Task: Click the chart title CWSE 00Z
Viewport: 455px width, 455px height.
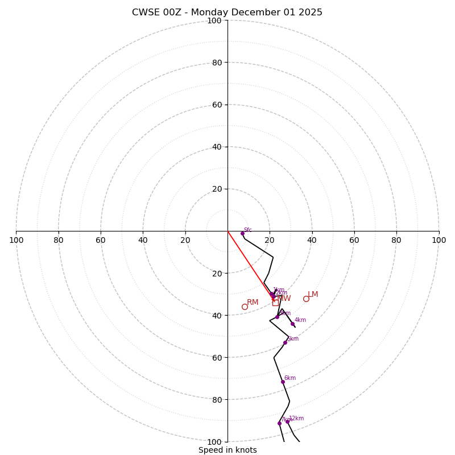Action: [227, 13]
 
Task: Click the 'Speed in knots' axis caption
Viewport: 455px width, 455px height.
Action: [227, 450]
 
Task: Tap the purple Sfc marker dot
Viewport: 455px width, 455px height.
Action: [242, 233]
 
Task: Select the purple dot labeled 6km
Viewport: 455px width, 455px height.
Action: [283, 382]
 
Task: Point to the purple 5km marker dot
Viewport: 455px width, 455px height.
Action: [285, 342]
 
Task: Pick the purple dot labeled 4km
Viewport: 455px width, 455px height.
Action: [293, 324]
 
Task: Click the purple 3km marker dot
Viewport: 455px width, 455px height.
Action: [278, 317]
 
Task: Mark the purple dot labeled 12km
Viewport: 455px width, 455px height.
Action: [287, 421]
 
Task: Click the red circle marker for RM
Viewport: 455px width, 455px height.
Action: [245, 307]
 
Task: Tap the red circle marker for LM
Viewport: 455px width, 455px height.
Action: [306, 299]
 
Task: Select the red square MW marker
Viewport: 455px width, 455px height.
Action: [275, 303]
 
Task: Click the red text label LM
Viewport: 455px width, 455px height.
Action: [313, 294]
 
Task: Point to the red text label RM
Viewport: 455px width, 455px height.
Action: [253, 302]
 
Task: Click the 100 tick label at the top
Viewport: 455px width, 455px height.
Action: [214, 20]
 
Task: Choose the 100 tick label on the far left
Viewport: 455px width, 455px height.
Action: [16, 240]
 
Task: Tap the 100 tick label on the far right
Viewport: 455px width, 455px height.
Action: [439, 240]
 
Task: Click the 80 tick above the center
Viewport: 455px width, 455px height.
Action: [217, 63]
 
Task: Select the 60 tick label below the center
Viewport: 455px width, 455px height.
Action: [217, 357]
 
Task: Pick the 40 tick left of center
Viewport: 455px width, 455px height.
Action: [143, 240]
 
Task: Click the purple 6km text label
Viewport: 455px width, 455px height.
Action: [290, 378]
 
